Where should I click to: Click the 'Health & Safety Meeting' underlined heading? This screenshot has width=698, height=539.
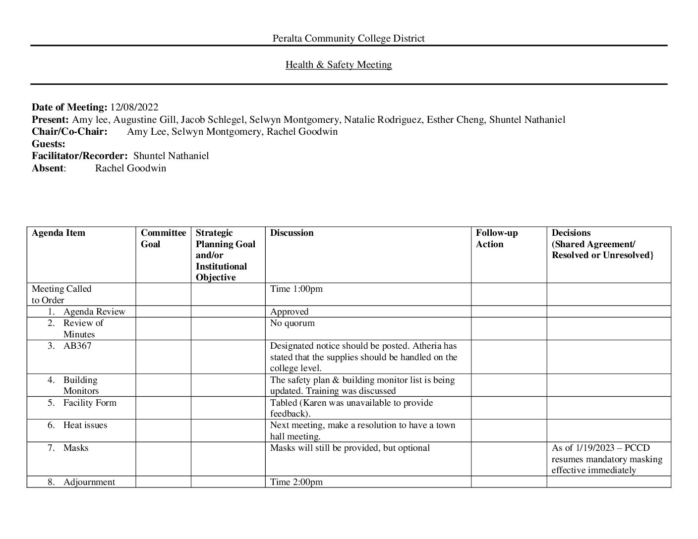point(339,65)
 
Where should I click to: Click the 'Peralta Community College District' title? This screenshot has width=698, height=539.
point(349,39)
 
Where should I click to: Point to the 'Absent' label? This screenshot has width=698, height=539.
point(48,168)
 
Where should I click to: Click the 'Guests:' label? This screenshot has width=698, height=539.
point(49,144)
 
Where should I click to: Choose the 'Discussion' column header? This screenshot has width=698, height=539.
point(291,233)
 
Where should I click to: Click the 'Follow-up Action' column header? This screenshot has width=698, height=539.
point(496,238)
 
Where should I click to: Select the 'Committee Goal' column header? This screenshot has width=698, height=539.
point(163,238)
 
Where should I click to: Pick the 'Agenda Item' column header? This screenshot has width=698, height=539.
point(58,233)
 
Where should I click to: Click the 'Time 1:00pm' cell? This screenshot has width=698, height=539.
point(296,289)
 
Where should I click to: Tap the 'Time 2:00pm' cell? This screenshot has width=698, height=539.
point(296,482)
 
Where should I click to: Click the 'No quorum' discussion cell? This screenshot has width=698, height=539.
point(292,323)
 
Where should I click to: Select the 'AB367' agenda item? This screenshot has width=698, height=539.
point(77,346)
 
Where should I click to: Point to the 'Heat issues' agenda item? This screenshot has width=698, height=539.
point(85,425)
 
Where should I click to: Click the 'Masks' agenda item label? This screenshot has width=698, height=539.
point(76,448)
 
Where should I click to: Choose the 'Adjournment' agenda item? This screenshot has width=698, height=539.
point(89,482)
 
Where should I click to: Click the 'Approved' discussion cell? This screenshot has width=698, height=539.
point(289,312)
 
